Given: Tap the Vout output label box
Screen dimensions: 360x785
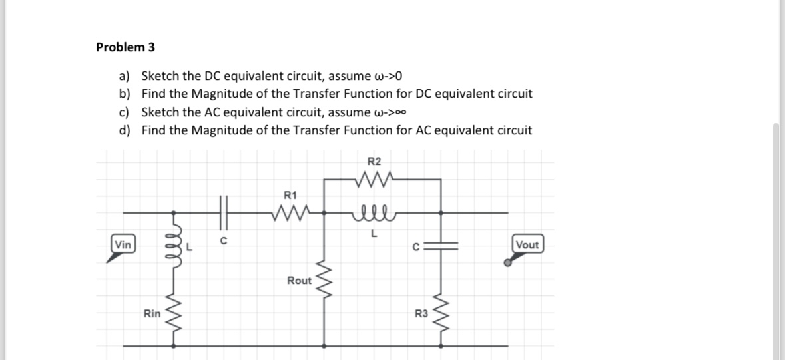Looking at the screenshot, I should tap(527, 244).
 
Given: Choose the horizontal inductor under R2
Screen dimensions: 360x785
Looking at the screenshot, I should tap(374, 213).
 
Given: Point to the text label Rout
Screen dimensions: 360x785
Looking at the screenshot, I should tap(299, 281).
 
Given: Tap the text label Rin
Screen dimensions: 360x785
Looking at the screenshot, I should tap(152, 314).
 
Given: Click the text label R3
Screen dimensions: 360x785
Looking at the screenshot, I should tap(421, 314).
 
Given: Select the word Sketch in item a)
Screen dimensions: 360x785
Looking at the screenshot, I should tap(162, 75).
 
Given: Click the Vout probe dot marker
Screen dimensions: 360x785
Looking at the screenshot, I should tap(508, 263).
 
